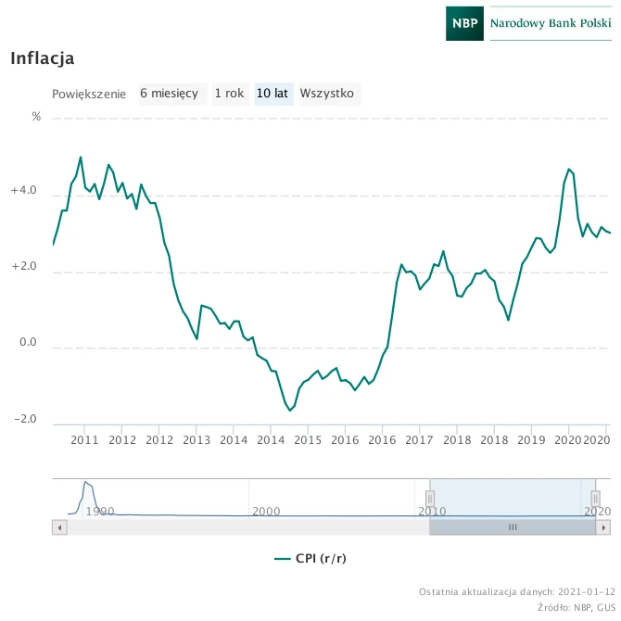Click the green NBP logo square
(x=464, y=23)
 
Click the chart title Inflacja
(x=43, y=58)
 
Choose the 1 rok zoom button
(x=230, y=94)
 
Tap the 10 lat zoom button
(x=273, y=94)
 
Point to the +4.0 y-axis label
(x=23, y=190)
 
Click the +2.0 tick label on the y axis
(x=23, y=266)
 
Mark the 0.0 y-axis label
(x=28, y=342)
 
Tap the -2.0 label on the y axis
(x=25, y=419)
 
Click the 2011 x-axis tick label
(x=84, y=440)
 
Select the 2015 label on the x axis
(x=308, y=440)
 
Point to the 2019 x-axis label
(x=531, y=440)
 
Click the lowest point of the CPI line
(x=290, y=411)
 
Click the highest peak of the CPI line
(x=81, y=158)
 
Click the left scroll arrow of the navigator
(x=59, y=527)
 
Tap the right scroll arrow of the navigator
(x=603, y=527)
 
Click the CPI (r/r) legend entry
(x=310, y=558)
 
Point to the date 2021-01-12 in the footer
(x=587, y=592)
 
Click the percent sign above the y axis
(x=36, y=117)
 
